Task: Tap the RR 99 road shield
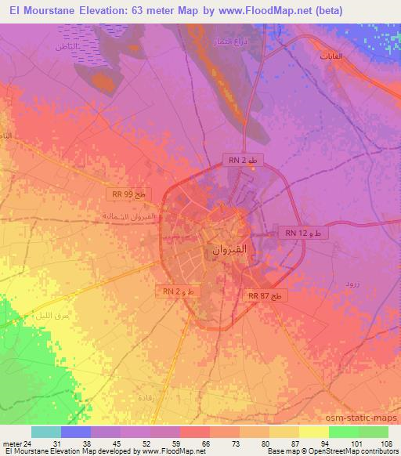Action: [x=127, y=193]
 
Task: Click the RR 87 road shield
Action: [x=268, y=295]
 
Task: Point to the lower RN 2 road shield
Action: [x=182, y=291]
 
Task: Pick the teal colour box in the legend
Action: [x=46, y=432]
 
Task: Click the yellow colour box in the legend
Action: [x=314, y=432]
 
